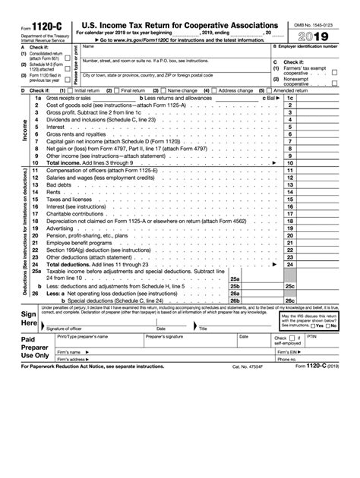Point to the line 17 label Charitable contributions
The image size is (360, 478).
tap(73, 214)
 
